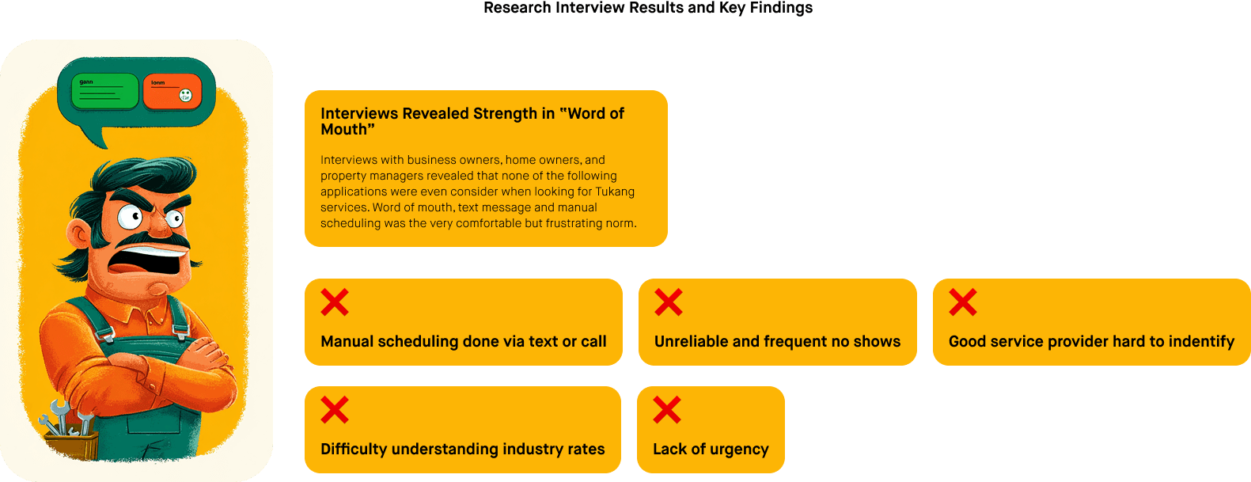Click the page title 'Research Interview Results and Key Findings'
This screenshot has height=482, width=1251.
[x=647, y=8]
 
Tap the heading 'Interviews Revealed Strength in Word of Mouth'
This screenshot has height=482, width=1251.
[x=472, y=121]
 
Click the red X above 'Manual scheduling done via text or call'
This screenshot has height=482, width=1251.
[x=335, y=302]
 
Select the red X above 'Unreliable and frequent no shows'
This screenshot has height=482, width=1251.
[x=669, y=302]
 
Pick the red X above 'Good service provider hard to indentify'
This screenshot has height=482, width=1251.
[x=963, y=302]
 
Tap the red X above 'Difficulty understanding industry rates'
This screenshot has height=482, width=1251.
[x=335, y=410]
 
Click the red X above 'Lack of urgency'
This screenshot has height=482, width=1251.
[x=667, y=410]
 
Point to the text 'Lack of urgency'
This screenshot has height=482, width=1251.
[x=711, y=450]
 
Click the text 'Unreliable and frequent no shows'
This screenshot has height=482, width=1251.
[x=777, y=342]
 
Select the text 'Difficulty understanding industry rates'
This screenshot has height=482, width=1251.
[x=462, y=450]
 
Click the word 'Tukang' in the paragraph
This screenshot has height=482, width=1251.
[x=615, y=192]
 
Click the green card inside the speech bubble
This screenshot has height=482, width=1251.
[x=104, y=92]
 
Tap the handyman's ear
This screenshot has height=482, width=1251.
[x=78, y=233]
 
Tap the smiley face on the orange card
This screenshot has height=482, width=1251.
[x=185, y=96]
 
